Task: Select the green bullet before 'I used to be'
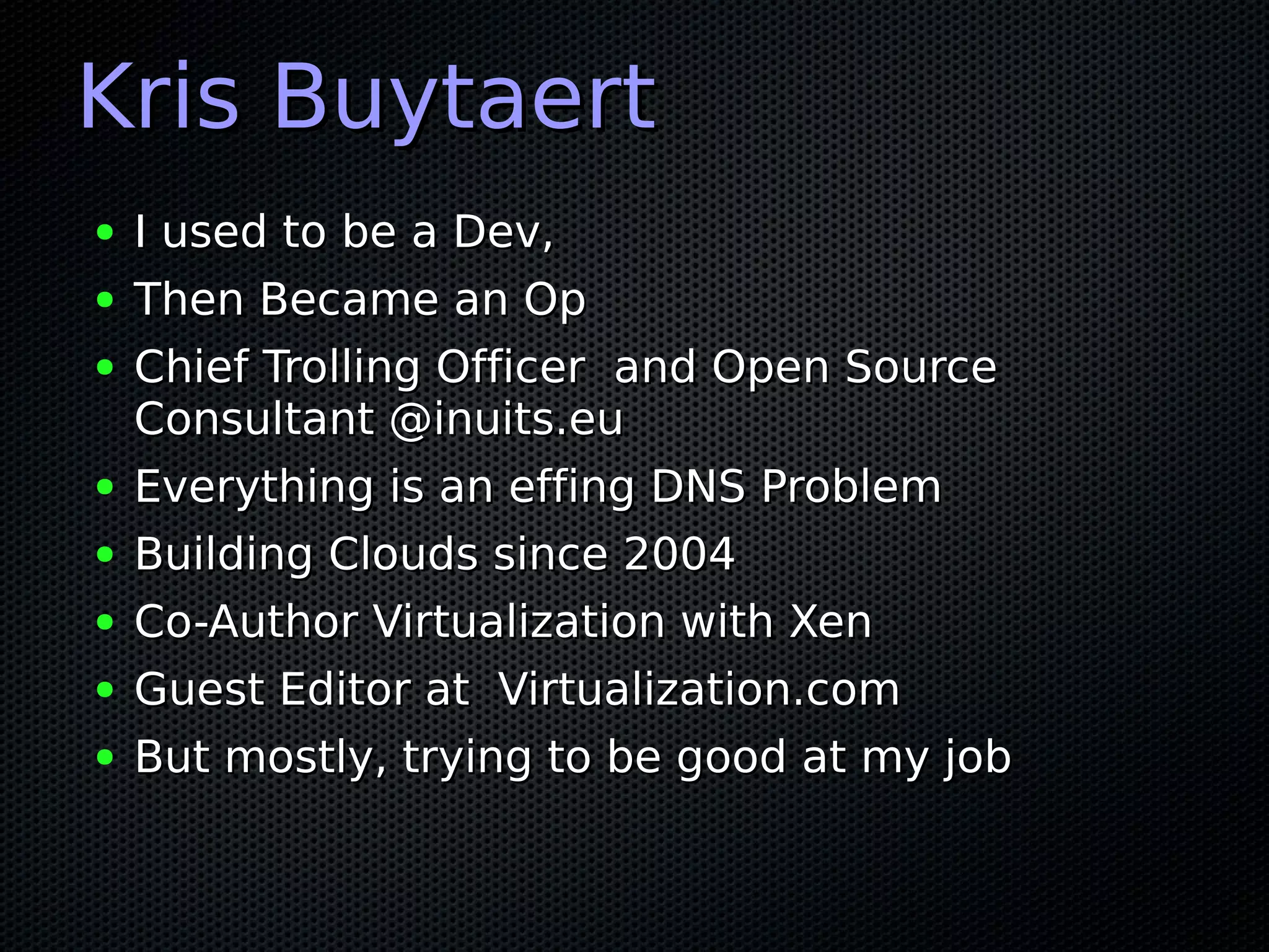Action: (x=105, y=233)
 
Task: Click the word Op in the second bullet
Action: (x=555, y=301)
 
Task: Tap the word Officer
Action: (x=511, y=367)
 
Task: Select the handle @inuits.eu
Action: (x=506, y=420)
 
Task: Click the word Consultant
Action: (x=254, y=420)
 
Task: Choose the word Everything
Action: (x=254, y=488)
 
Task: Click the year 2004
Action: (x=679, y=554)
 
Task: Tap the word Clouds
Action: (x=403, y=554)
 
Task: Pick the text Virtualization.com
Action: (x=698, y=689)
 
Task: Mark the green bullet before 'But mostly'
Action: (x=105, y=757)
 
